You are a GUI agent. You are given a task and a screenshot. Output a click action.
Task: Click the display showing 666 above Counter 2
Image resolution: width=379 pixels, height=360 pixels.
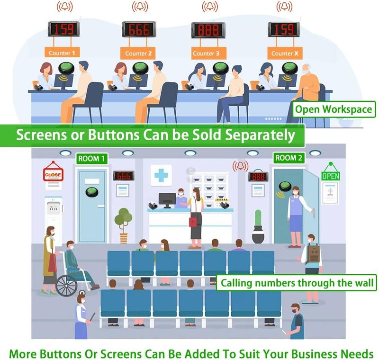(139, 29)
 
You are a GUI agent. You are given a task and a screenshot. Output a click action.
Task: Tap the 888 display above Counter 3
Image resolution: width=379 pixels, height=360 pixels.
(208, 30)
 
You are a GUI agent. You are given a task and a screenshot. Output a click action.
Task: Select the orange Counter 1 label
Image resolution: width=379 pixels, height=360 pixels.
(62, 53)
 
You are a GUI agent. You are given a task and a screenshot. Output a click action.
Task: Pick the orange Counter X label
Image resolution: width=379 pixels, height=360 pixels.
(285, 53)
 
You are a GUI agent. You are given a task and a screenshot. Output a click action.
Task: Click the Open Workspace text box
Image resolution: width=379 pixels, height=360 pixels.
(334, 109)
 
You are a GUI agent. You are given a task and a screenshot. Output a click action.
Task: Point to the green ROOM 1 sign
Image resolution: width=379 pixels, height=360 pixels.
(91, 159)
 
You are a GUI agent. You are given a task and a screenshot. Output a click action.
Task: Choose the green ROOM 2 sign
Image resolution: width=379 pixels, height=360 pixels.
(289, 158)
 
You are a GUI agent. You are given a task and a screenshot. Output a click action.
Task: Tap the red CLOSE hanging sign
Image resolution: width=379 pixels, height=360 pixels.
(53, 173)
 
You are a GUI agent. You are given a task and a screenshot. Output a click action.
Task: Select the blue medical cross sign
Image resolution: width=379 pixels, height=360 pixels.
(161, 175)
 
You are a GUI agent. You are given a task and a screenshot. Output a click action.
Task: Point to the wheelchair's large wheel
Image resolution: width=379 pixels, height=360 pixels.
(66, 285)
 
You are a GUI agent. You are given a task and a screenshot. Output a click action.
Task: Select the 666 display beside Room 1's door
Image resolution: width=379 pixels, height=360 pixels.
(124, 176)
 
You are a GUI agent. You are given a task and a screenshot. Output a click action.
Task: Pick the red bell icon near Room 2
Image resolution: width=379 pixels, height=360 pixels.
(240, 166)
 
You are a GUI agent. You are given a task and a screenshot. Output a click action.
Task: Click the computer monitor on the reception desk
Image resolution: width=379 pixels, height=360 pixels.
(167, 200)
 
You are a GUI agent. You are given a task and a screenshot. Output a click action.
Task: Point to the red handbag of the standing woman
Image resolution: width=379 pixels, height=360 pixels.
(193, 222)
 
